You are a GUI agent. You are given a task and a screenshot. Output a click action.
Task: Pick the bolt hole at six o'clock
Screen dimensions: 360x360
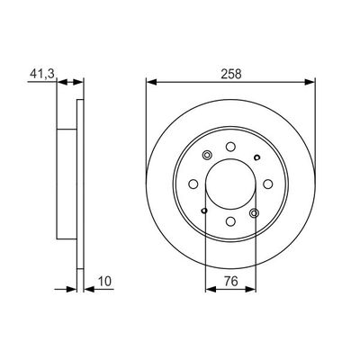tap(230, 221)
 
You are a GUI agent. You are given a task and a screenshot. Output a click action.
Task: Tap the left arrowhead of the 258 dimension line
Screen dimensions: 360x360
tap(149, 82)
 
